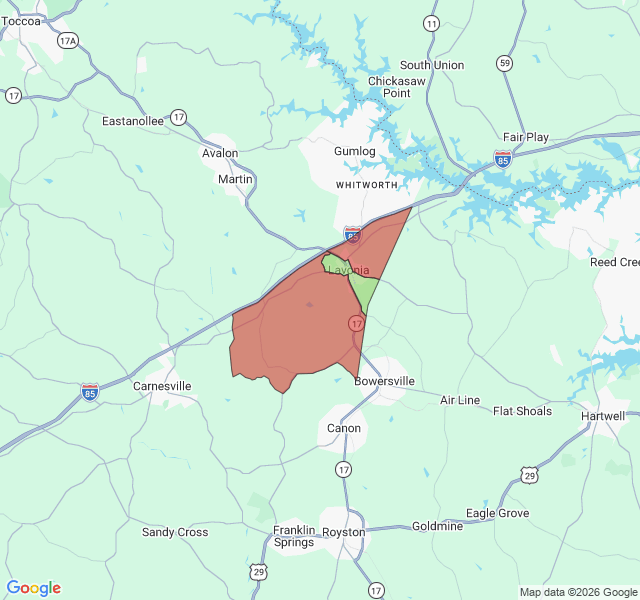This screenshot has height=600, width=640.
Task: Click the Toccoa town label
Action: pos(21,21)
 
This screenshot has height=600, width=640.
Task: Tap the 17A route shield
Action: pos(68,41)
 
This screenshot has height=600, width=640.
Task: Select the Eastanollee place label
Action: pos(133,121)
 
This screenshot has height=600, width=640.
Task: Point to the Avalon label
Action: pos(220,153)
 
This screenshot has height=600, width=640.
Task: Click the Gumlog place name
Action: pos(354,151)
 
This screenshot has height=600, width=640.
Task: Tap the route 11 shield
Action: pos(431,23)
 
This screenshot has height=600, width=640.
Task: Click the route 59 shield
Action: pos(506,63)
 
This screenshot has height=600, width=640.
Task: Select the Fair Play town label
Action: pos(526,137)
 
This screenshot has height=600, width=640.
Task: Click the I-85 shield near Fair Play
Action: pos(503,158)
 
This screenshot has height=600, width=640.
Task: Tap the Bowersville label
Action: pos(384,381)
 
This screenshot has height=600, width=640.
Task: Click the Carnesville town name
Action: pos(162,386)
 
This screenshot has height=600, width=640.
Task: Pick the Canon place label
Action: pos(344,428)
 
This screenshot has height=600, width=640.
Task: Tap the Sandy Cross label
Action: pos(175,532)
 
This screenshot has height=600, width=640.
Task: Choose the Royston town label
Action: pos(344,532)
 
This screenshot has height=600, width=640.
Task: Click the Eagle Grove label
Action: pos(497,513)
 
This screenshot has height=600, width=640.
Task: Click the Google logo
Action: pos(34,588)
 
